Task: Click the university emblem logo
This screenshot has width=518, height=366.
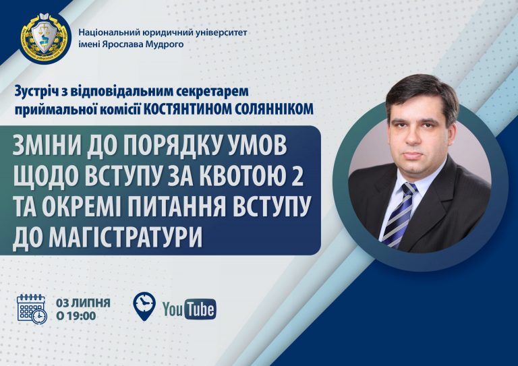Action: pos(45,37)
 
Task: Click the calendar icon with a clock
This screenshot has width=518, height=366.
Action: pos(32,309)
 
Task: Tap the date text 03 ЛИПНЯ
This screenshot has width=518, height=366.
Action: pos(83,303)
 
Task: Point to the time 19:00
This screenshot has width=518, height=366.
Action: pos(81,316)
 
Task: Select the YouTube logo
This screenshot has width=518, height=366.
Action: pos(190,309)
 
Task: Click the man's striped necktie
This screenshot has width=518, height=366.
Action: pos(400,214)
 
